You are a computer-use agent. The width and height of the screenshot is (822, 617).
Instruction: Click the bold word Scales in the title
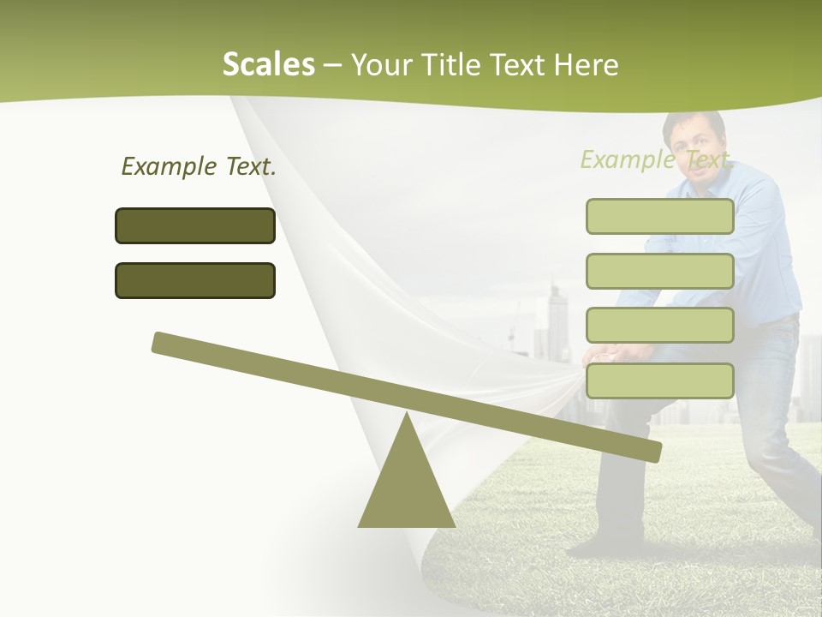coord(268,64)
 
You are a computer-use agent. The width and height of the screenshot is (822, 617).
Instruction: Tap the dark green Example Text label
coord(199,166)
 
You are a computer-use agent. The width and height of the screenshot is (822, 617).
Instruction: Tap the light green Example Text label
coord(655,159)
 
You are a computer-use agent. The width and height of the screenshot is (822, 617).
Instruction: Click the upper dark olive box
coord(195,225)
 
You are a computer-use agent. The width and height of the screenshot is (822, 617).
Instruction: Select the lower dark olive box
coord(195,280)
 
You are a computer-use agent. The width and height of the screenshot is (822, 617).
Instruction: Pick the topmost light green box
coord(659,216)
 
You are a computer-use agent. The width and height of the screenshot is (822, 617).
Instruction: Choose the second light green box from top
coord(659,271)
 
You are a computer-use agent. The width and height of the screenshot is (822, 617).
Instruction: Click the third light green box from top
coord(659,326)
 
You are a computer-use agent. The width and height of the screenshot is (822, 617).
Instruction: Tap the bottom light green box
coord(659,380)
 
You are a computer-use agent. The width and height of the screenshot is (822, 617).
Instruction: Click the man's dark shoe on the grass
coord(591,543)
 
